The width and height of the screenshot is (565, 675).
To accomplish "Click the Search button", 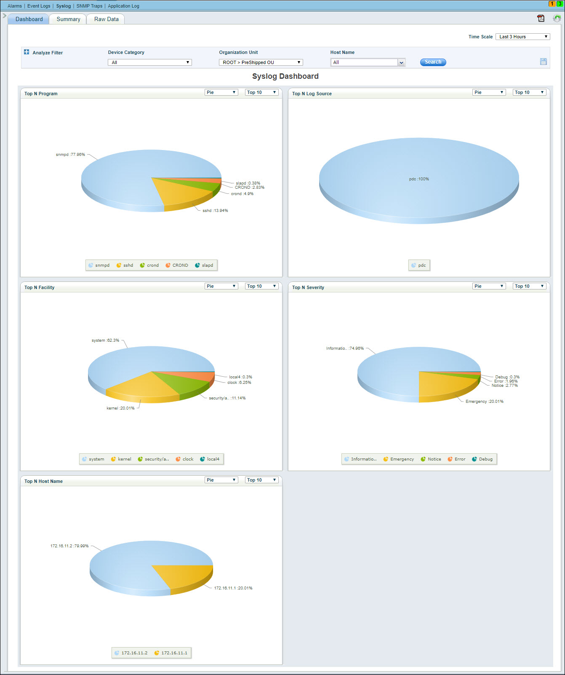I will click(x=433, y=62).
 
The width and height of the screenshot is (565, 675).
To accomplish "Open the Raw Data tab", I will click(x=106, y=19).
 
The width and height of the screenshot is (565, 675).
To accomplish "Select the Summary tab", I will click(x=68, y=19).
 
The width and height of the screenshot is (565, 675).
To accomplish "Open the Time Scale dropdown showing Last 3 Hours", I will click(x=522, y=37).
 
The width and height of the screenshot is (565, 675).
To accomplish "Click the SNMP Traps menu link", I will click(x=89, y=6).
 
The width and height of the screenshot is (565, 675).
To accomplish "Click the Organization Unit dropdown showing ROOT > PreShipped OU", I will click(x=261, y=62).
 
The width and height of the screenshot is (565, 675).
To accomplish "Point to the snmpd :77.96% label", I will click(x=70, y=155).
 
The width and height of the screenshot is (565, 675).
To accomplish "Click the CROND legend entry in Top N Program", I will click(x=177, y=265).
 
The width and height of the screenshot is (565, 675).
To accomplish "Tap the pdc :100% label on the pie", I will click(x=419, y=179).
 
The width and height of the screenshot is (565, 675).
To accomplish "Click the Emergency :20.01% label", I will click(x=484, y=402).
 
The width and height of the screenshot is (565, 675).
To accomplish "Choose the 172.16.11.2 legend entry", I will click(x=131, y=653).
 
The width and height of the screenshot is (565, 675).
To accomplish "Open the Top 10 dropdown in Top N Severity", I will click(x=529, y=286).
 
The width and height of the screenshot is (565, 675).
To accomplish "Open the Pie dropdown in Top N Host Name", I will click(x=221, y=480).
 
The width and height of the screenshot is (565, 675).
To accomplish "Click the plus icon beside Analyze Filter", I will click(x=27, y=52).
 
